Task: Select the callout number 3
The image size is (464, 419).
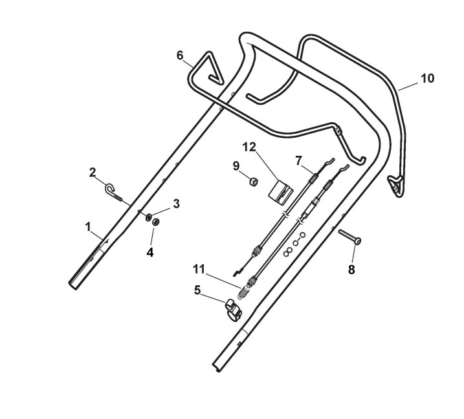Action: [176, 204]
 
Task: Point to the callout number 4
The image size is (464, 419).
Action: [150, 253]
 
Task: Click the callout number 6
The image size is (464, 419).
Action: [181, 56]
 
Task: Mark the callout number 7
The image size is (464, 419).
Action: [298, 158]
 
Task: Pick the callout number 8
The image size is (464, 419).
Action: [352, 270]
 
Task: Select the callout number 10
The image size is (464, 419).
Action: [427, 78]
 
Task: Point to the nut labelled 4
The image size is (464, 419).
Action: [155, 222]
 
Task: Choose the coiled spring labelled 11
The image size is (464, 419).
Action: [245, 288]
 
